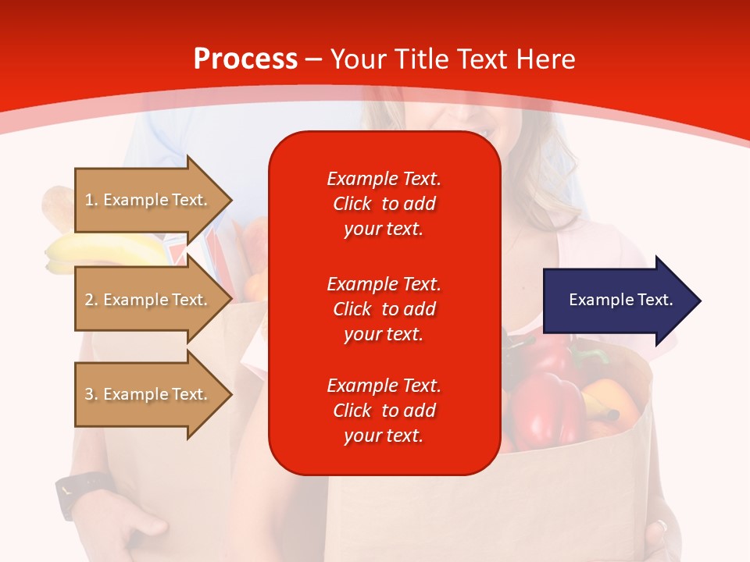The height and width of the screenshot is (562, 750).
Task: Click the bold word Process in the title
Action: [x=245, y=59]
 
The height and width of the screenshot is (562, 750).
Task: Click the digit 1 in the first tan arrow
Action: [x=88, y=200]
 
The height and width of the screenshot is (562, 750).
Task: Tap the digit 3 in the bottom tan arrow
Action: [x=89, y=394]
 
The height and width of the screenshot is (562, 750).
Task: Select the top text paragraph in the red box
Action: [x=384, y=204]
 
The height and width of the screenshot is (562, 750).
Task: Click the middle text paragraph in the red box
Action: [x=384, y=309]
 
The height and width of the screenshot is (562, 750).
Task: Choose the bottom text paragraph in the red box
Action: [x=384, y=411]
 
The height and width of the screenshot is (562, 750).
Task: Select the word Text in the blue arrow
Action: [x=656, y=300]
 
